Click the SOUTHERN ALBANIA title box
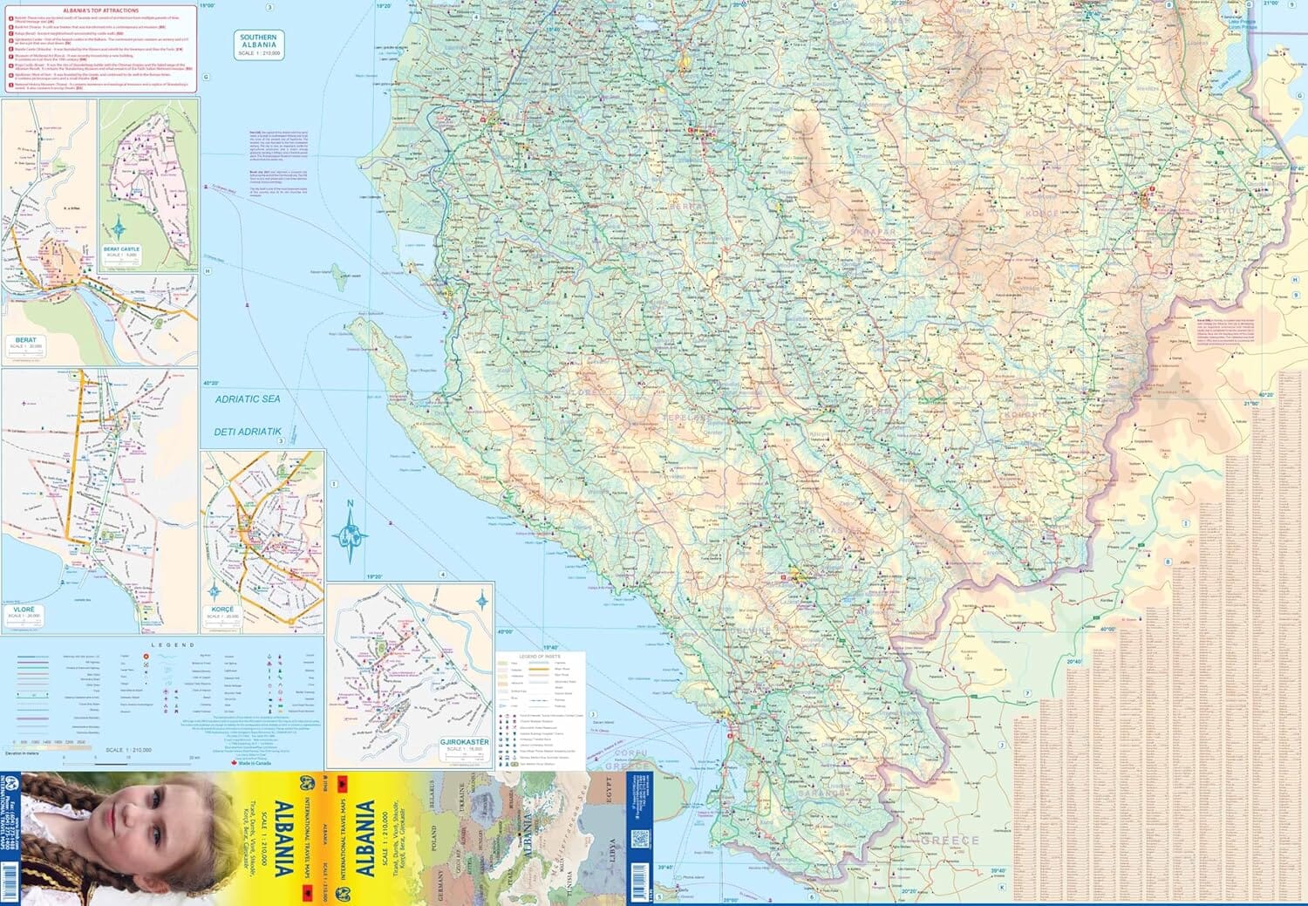pos(259,45)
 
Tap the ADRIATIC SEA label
pos(249,399)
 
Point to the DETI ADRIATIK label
pos(248,432)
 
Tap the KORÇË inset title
pos(222,610)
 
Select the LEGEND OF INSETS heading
pos(540,656)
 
